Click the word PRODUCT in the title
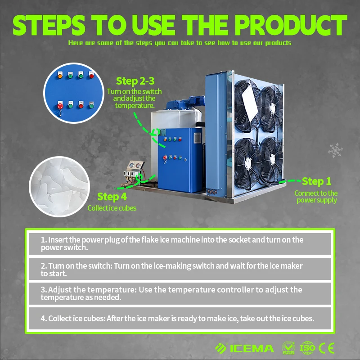pyautogui.click(x=290, y=25)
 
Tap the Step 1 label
pyautogui.click(x=316, y=181)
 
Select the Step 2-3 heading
pyautogui.click(x=135, y=81)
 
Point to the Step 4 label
pyautogui.click(x=112, y=197)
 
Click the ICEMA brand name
pyautogui.click(x=252, y=348)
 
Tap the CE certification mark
pyautogui.click(x=327, y=348)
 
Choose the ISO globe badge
pyautogui.click(x=307, y=348)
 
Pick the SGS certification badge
pyautogui.click(x=288, y=348)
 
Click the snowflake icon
pyautogui.click(x=335, y=150)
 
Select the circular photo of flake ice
pyautogui.click(x=59, y=187)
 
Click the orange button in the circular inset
pyautogui.click(x=60, y=75)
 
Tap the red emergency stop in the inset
pyautogui.click(x=60, y=106)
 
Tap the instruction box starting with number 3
pyautogui.click(x=180, y=293)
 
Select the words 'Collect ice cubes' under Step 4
pyautogui.click(x=112, y=208)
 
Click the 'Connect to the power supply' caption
pyautogui.click(x=316, y=197)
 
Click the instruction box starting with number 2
pyautogui.click(x=180, y=269)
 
